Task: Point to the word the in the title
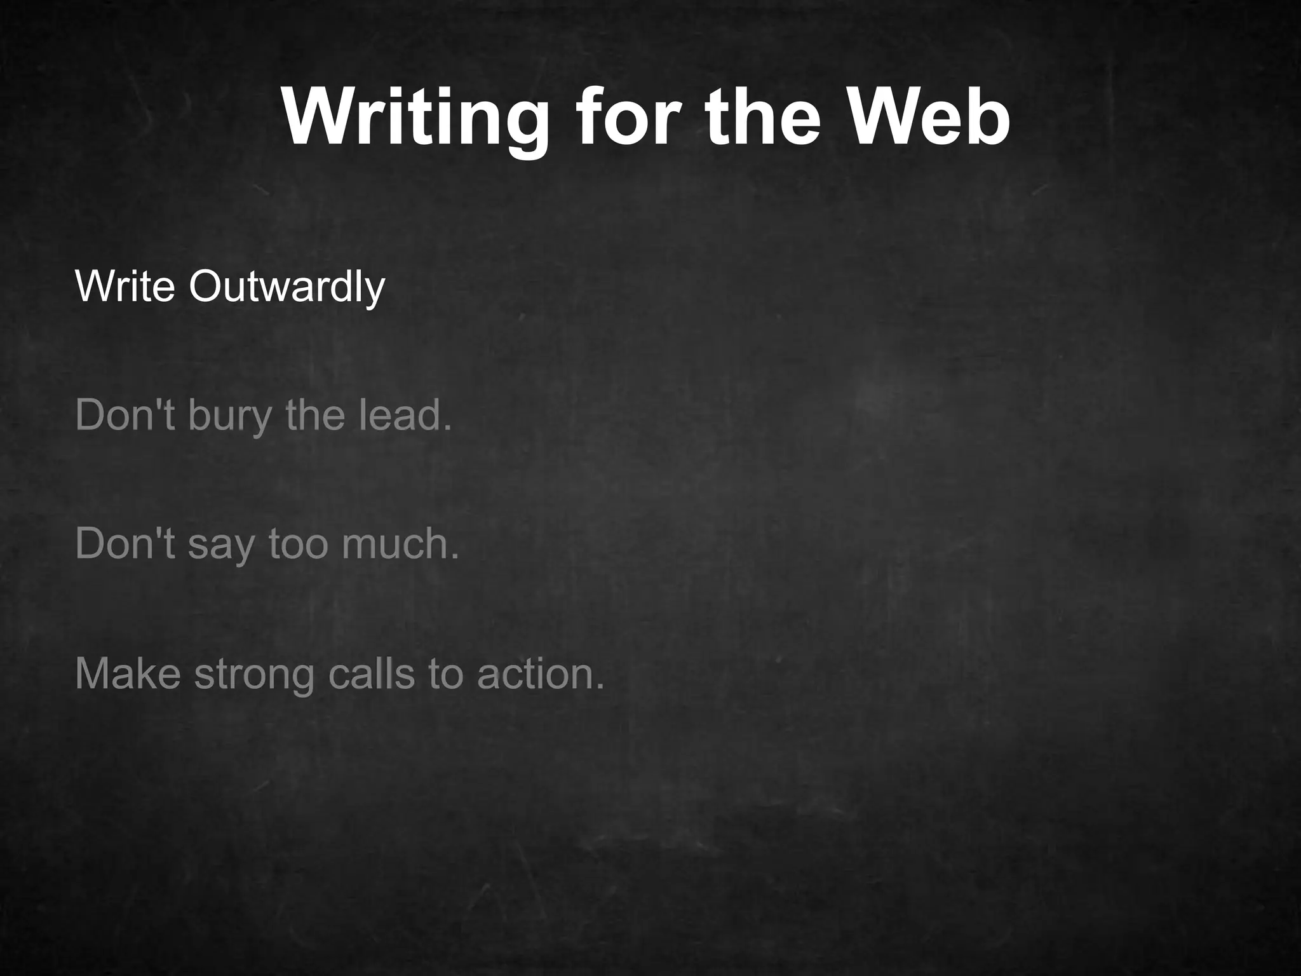pyautogui.click(x=760, y=118)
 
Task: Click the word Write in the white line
pyautogui.click(x=125, y=287)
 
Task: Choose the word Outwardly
pyautogui.click(x=286, y=288)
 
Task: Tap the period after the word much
pyautogui.click(x=454, y=558)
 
